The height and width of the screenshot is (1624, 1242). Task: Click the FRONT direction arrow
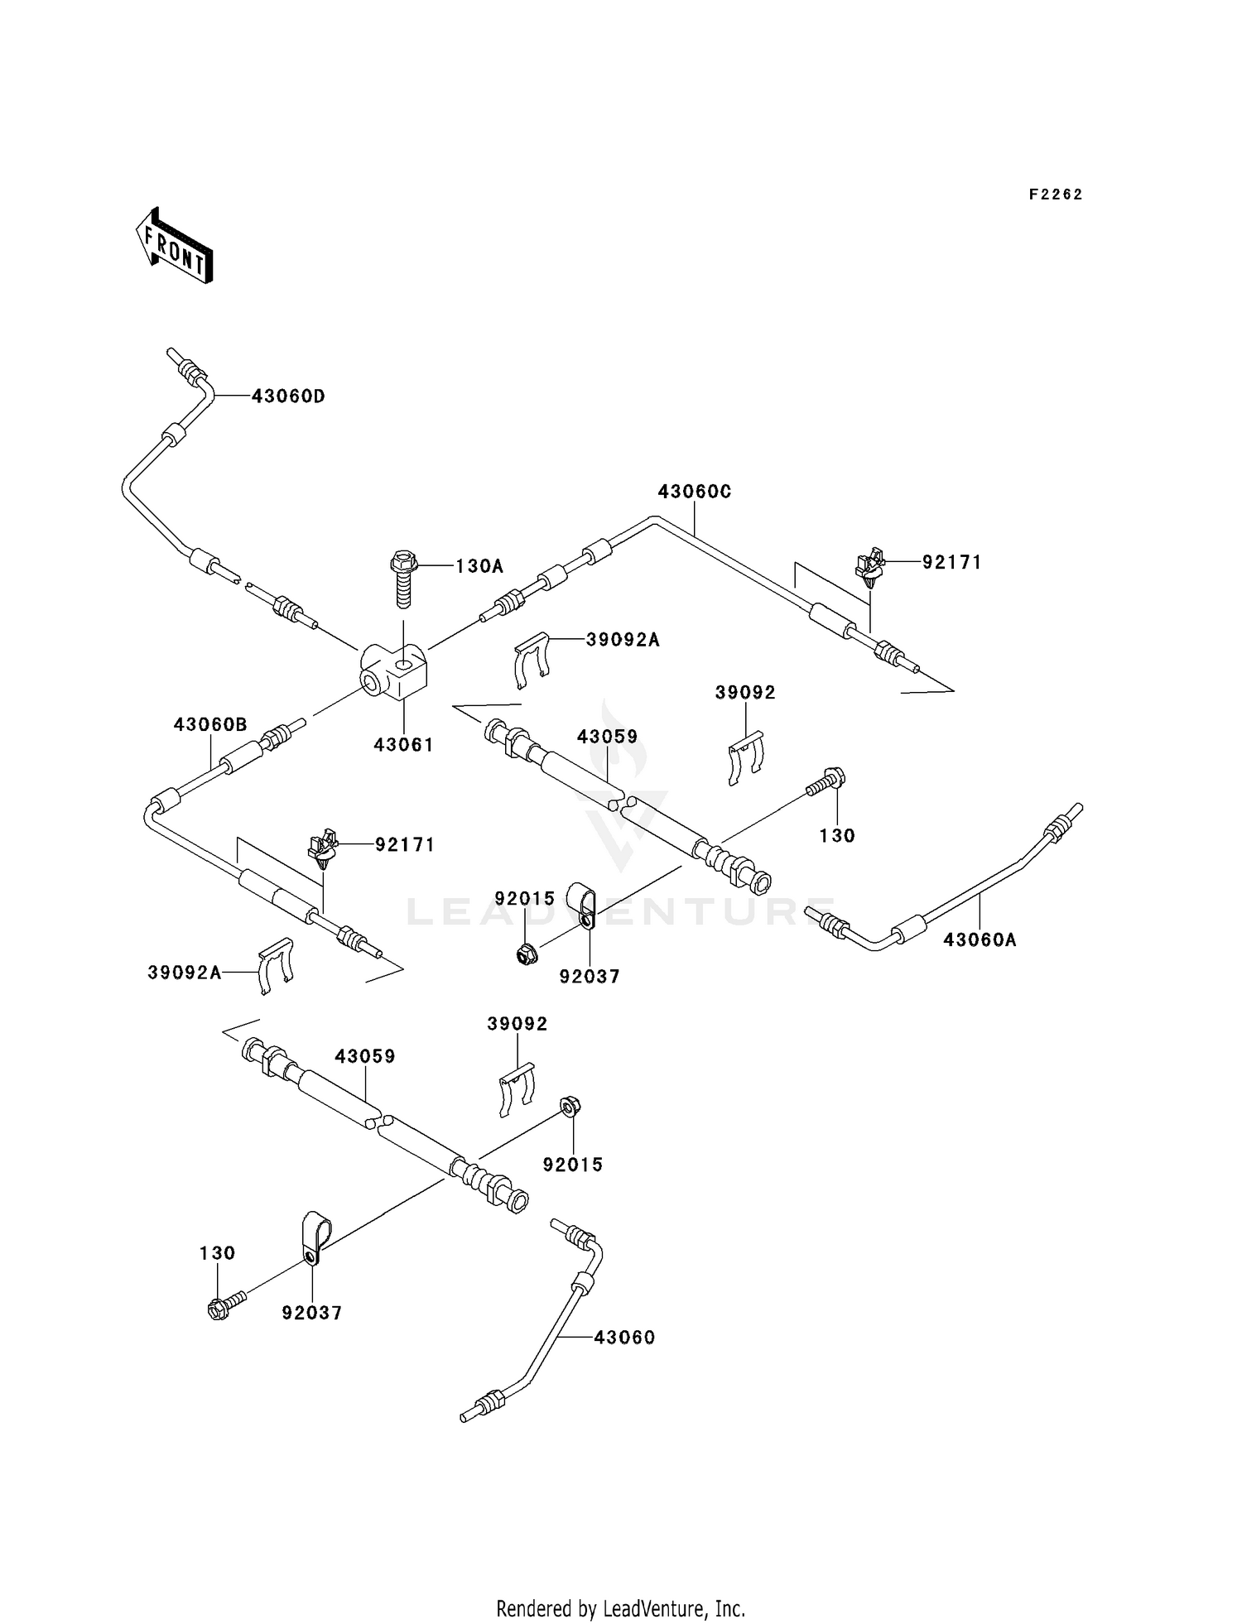(174, 247)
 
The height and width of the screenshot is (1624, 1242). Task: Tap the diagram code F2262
(1056, 195)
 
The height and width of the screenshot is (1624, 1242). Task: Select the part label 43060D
(288, 396)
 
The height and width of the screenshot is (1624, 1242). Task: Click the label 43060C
(695, 492)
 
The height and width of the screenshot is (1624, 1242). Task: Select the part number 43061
(403, 745)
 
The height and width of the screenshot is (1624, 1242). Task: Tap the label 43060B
(210, 725)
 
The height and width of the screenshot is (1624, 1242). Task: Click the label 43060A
(980, 940)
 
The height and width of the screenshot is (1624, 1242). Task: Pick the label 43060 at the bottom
(623, 1338)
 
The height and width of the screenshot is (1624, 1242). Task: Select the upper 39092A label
(623, 640)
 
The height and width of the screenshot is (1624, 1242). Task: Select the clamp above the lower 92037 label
(315, 1240)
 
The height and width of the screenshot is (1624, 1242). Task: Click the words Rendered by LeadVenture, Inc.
(620, 1608)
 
